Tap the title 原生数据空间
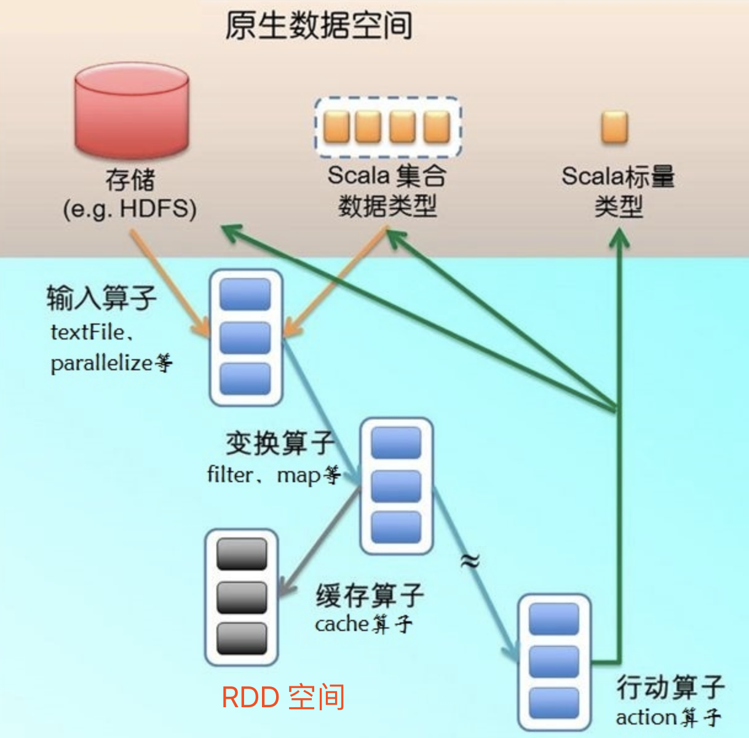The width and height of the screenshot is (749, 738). coord(319,26)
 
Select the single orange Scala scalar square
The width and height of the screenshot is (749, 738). coord(614,127)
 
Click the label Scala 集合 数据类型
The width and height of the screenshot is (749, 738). coord(387,191)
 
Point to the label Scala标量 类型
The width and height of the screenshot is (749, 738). coord(618,191)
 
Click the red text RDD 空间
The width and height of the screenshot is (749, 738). coord(283,697)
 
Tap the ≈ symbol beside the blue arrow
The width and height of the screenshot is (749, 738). coord(470,560)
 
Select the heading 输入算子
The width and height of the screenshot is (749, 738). coord(101,298)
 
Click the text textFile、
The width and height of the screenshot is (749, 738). coord(92,332)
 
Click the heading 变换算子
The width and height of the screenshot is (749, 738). coord(280,443)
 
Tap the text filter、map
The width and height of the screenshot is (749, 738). coord(264,475)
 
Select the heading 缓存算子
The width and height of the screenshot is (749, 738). coord(370,595)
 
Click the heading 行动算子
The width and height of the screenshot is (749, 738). coord(670,686)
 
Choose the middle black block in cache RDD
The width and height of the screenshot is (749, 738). coord(242,597)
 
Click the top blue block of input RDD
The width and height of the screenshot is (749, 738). coord(245,295)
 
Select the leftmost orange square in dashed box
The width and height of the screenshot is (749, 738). coord(336,127)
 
